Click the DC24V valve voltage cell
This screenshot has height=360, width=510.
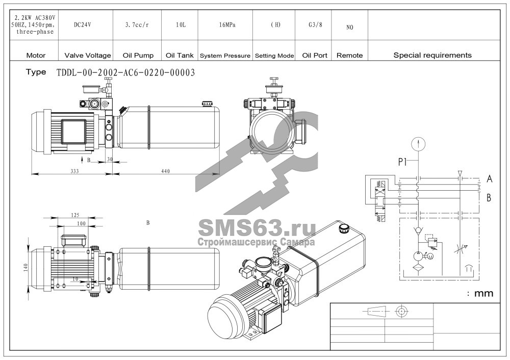click(83, 24)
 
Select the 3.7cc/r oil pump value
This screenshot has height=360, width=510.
click(137, 24)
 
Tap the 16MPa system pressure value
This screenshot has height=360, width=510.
click(227, 24)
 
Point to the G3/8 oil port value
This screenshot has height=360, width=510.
click(315, 24)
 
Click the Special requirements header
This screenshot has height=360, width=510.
click(432, 55)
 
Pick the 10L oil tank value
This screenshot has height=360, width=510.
click(181, 24)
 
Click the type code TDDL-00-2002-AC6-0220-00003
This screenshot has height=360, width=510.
click(126, 72)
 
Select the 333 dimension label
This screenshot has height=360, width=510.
click(74, 171)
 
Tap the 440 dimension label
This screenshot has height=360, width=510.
click(166, 171)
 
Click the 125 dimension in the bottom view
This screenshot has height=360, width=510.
click(75, 215)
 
